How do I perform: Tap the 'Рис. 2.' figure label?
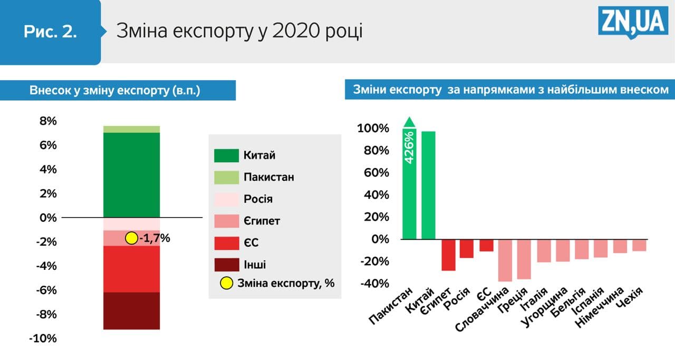[50, 32]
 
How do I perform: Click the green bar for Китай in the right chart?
[428, 184]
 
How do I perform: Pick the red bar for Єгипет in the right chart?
[448, 255]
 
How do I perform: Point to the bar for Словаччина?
[505, 260]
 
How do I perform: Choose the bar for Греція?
[524, 259]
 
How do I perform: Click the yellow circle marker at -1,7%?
[131, 238]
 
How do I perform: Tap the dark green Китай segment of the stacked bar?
[131, 174]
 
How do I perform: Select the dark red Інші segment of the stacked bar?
[131, 310]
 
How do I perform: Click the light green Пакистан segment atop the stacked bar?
[131, 129]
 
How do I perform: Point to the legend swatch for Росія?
[226, 199]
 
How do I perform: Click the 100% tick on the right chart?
[373, 129]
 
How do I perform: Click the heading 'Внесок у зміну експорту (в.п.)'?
[115, 90]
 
